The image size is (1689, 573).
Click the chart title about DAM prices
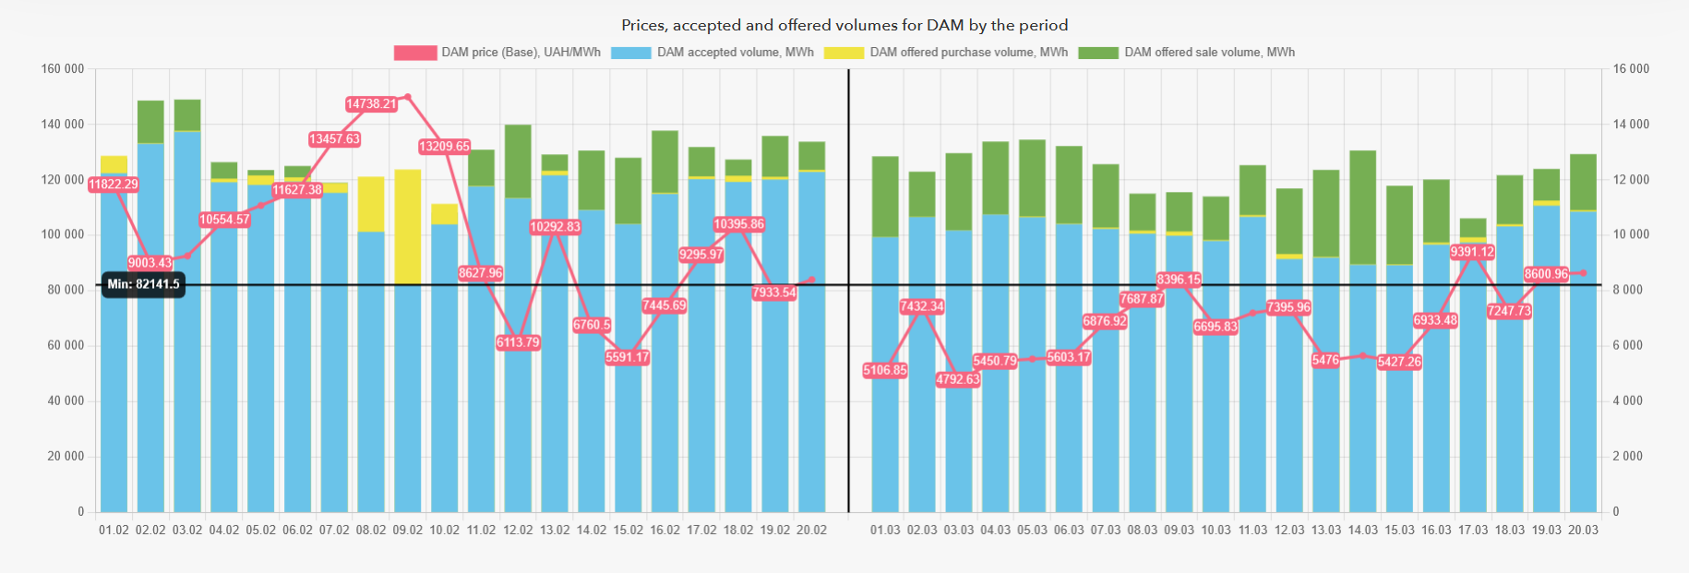pos(844,25)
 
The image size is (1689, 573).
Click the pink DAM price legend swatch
pos(414,53)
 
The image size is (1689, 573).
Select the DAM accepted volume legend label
pos(735,53)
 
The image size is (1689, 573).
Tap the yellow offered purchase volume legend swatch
pos(844,53)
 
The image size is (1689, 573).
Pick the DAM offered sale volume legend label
pos(1209,53)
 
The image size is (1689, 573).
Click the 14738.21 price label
pos(371,104)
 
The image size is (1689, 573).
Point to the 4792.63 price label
pos(958,379)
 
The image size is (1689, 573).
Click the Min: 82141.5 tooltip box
pos(143,284)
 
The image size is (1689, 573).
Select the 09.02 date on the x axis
pos(408,531)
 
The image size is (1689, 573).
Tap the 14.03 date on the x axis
pos(1362,531)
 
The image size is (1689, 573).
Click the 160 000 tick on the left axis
pos(63,69)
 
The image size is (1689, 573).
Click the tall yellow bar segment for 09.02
pos(408,226)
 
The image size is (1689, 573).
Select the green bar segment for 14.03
pos(1362,208)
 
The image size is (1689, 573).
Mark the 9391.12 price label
pos(1472,252)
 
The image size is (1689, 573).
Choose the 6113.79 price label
pos(518,342)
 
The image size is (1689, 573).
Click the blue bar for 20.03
pos(1583,369)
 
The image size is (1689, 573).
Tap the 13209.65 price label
pos(444,147)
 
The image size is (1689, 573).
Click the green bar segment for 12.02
pos(518,161)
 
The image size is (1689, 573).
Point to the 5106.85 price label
pos(884,371)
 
